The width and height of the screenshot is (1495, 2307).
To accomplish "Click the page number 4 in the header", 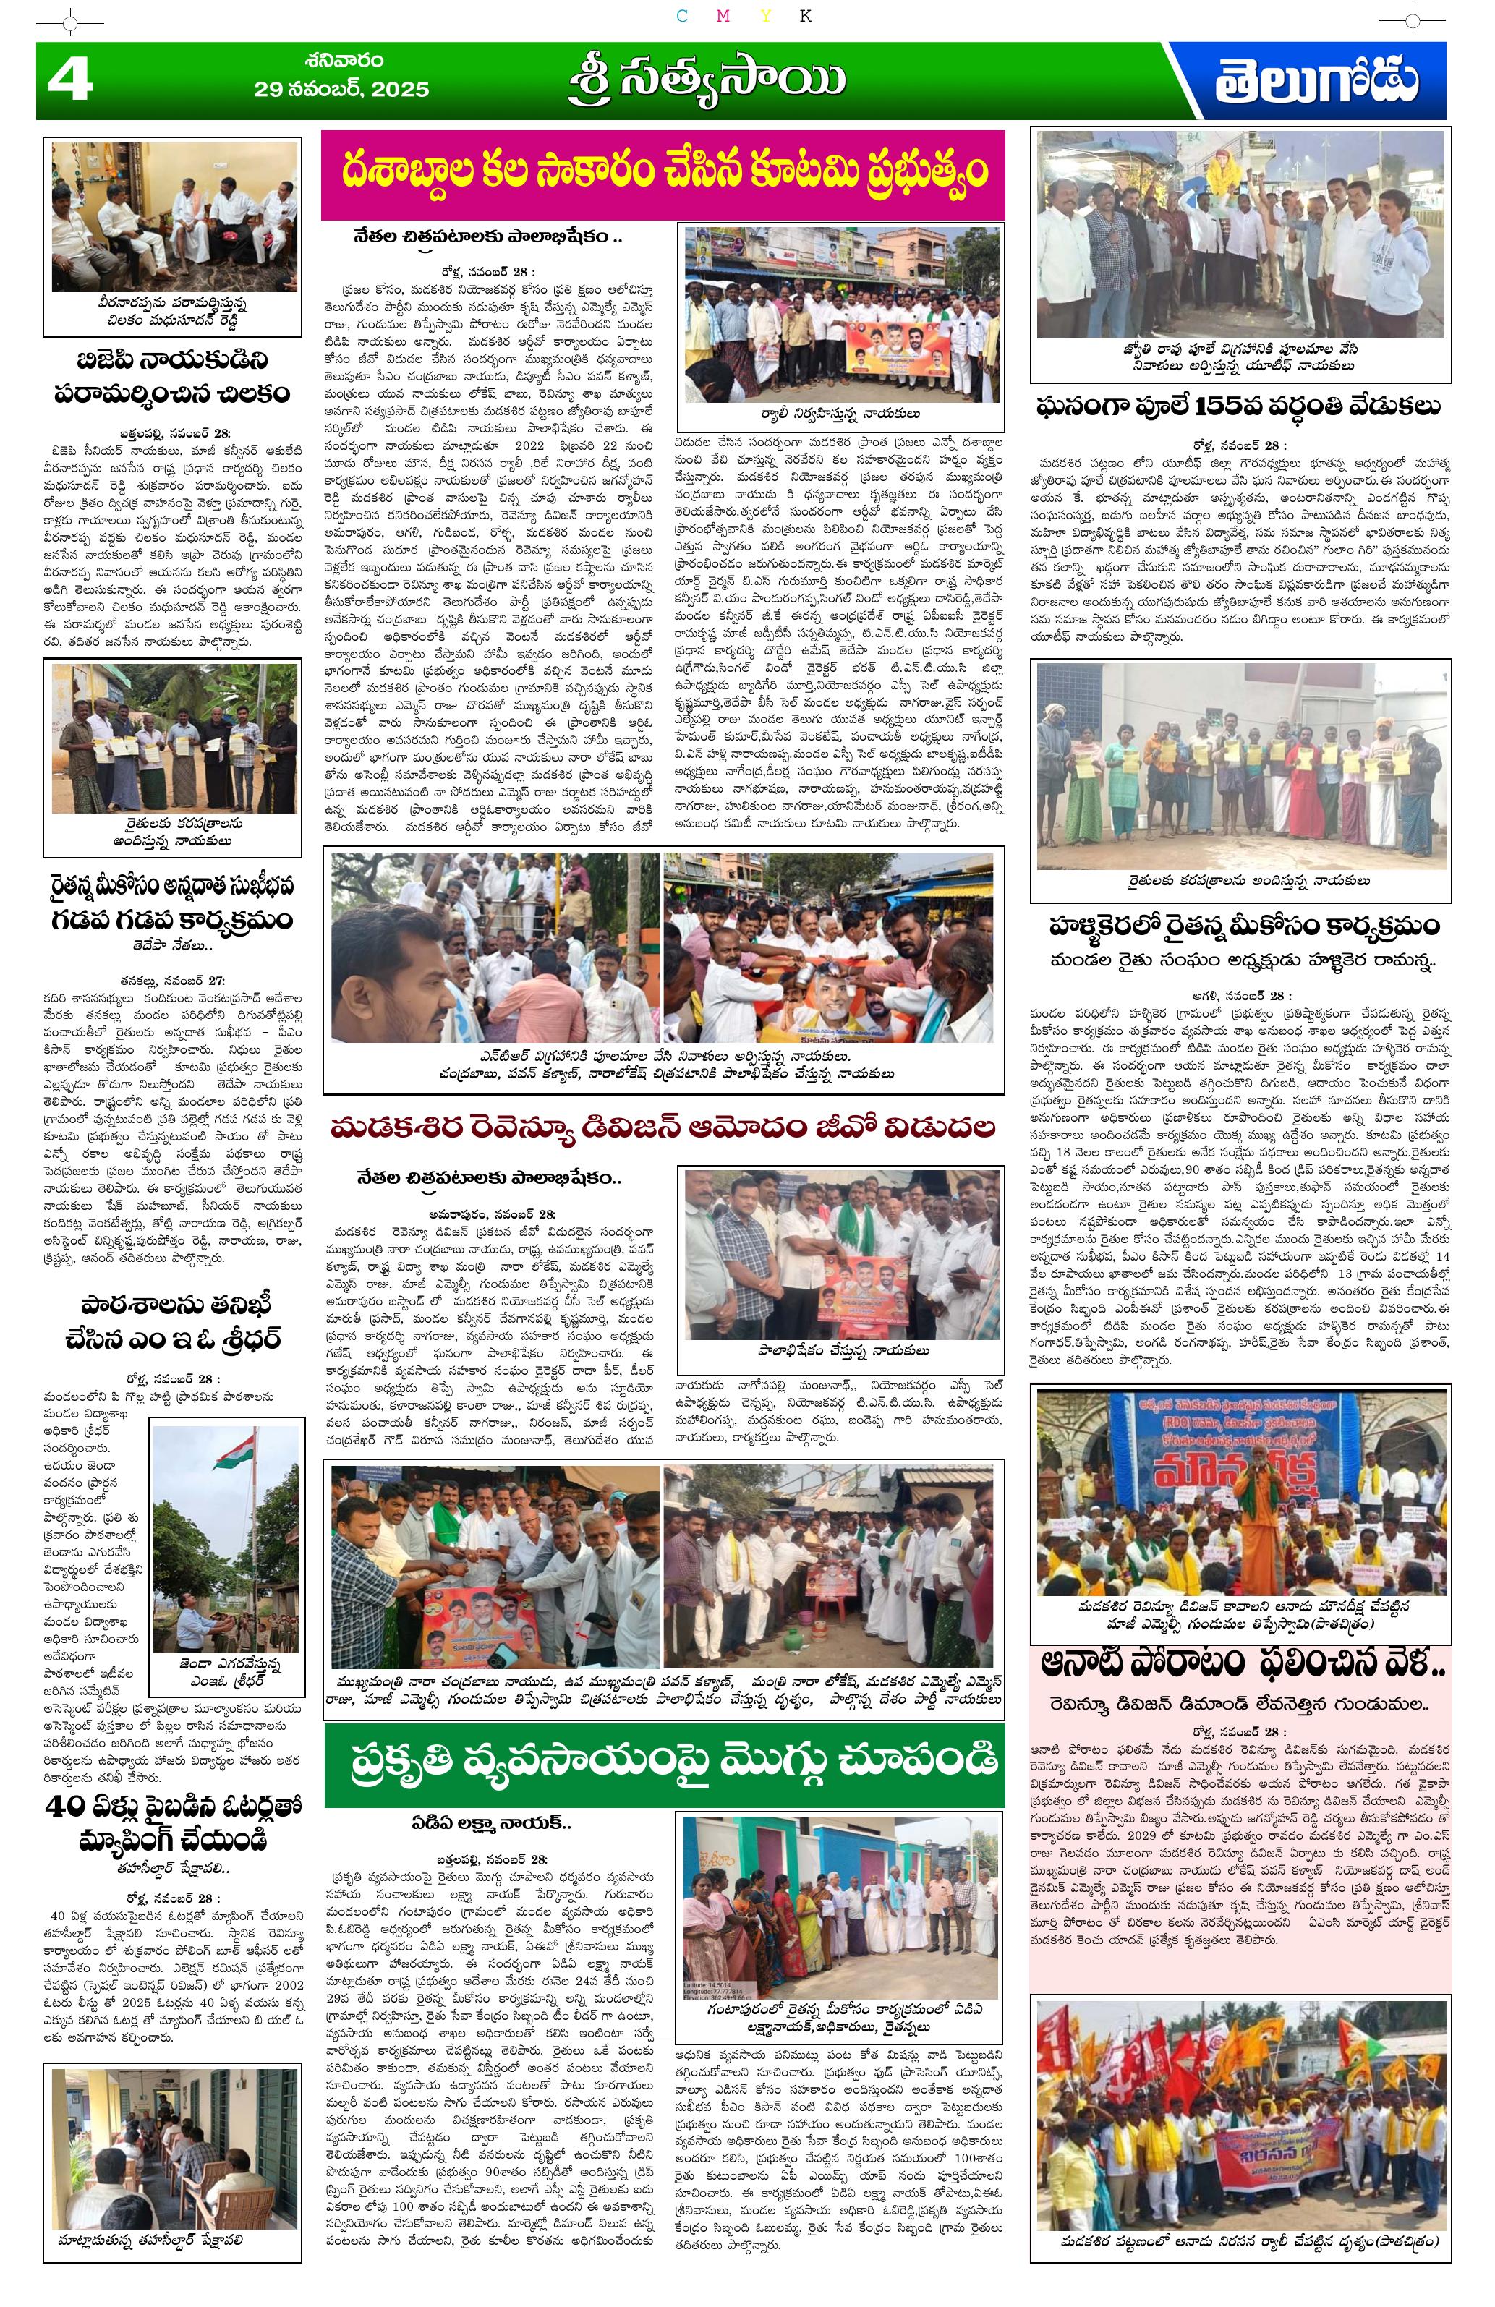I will (x=69, y=80).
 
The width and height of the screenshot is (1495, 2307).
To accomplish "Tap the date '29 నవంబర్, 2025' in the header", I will (x=341, y=89).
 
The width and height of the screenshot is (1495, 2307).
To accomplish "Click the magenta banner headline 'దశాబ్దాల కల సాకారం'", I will (x=663, y=174).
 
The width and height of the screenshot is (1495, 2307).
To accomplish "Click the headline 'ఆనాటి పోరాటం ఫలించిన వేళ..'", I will (x=1242, y=1663).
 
